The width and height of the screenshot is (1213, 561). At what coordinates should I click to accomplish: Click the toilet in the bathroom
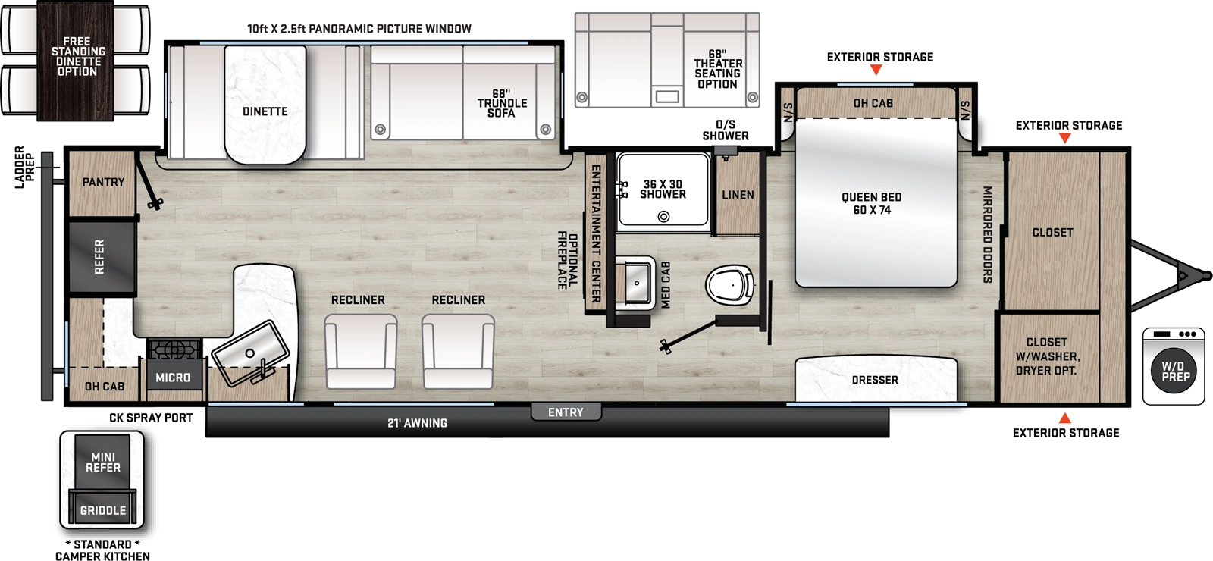729,286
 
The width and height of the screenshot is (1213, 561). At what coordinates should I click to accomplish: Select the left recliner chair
360,351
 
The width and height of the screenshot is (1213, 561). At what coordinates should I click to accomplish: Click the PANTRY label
103,182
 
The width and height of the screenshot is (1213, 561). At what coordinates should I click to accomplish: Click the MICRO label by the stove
173,377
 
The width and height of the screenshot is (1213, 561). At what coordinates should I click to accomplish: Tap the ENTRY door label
566,412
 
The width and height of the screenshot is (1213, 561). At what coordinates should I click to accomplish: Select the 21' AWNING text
417,423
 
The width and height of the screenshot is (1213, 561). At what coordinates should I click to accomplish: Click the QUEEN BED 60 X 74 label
872,203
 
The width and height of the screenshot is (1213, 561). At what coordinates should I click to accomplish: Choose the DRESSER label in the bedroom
875,379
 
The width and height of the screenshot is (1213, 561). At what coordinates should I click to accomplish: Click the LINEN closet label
738,195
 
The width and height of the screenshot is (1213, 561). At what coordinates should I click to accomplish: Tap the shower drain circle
663,217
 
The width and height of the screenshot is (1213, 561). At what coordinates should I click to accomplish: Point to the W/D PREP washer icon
1175,370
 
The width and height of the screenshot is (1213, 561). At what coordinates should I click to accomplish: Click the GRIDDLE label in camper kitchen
103,510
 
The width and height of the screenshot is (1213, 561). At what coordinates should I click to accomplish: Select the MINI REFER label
103,462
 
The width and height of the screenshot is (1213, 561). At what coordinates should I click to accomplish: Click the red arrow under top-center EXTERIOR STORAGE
876,70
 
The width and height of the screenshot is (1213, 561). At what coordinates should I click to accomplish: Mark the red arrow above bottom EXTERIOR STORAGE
1064,418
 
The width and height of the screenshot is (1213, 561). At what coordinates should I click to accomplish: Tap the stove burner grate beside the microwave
174,349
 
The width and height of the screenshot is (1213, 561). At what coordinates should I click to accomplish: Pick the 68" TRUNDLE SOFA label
502,103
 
